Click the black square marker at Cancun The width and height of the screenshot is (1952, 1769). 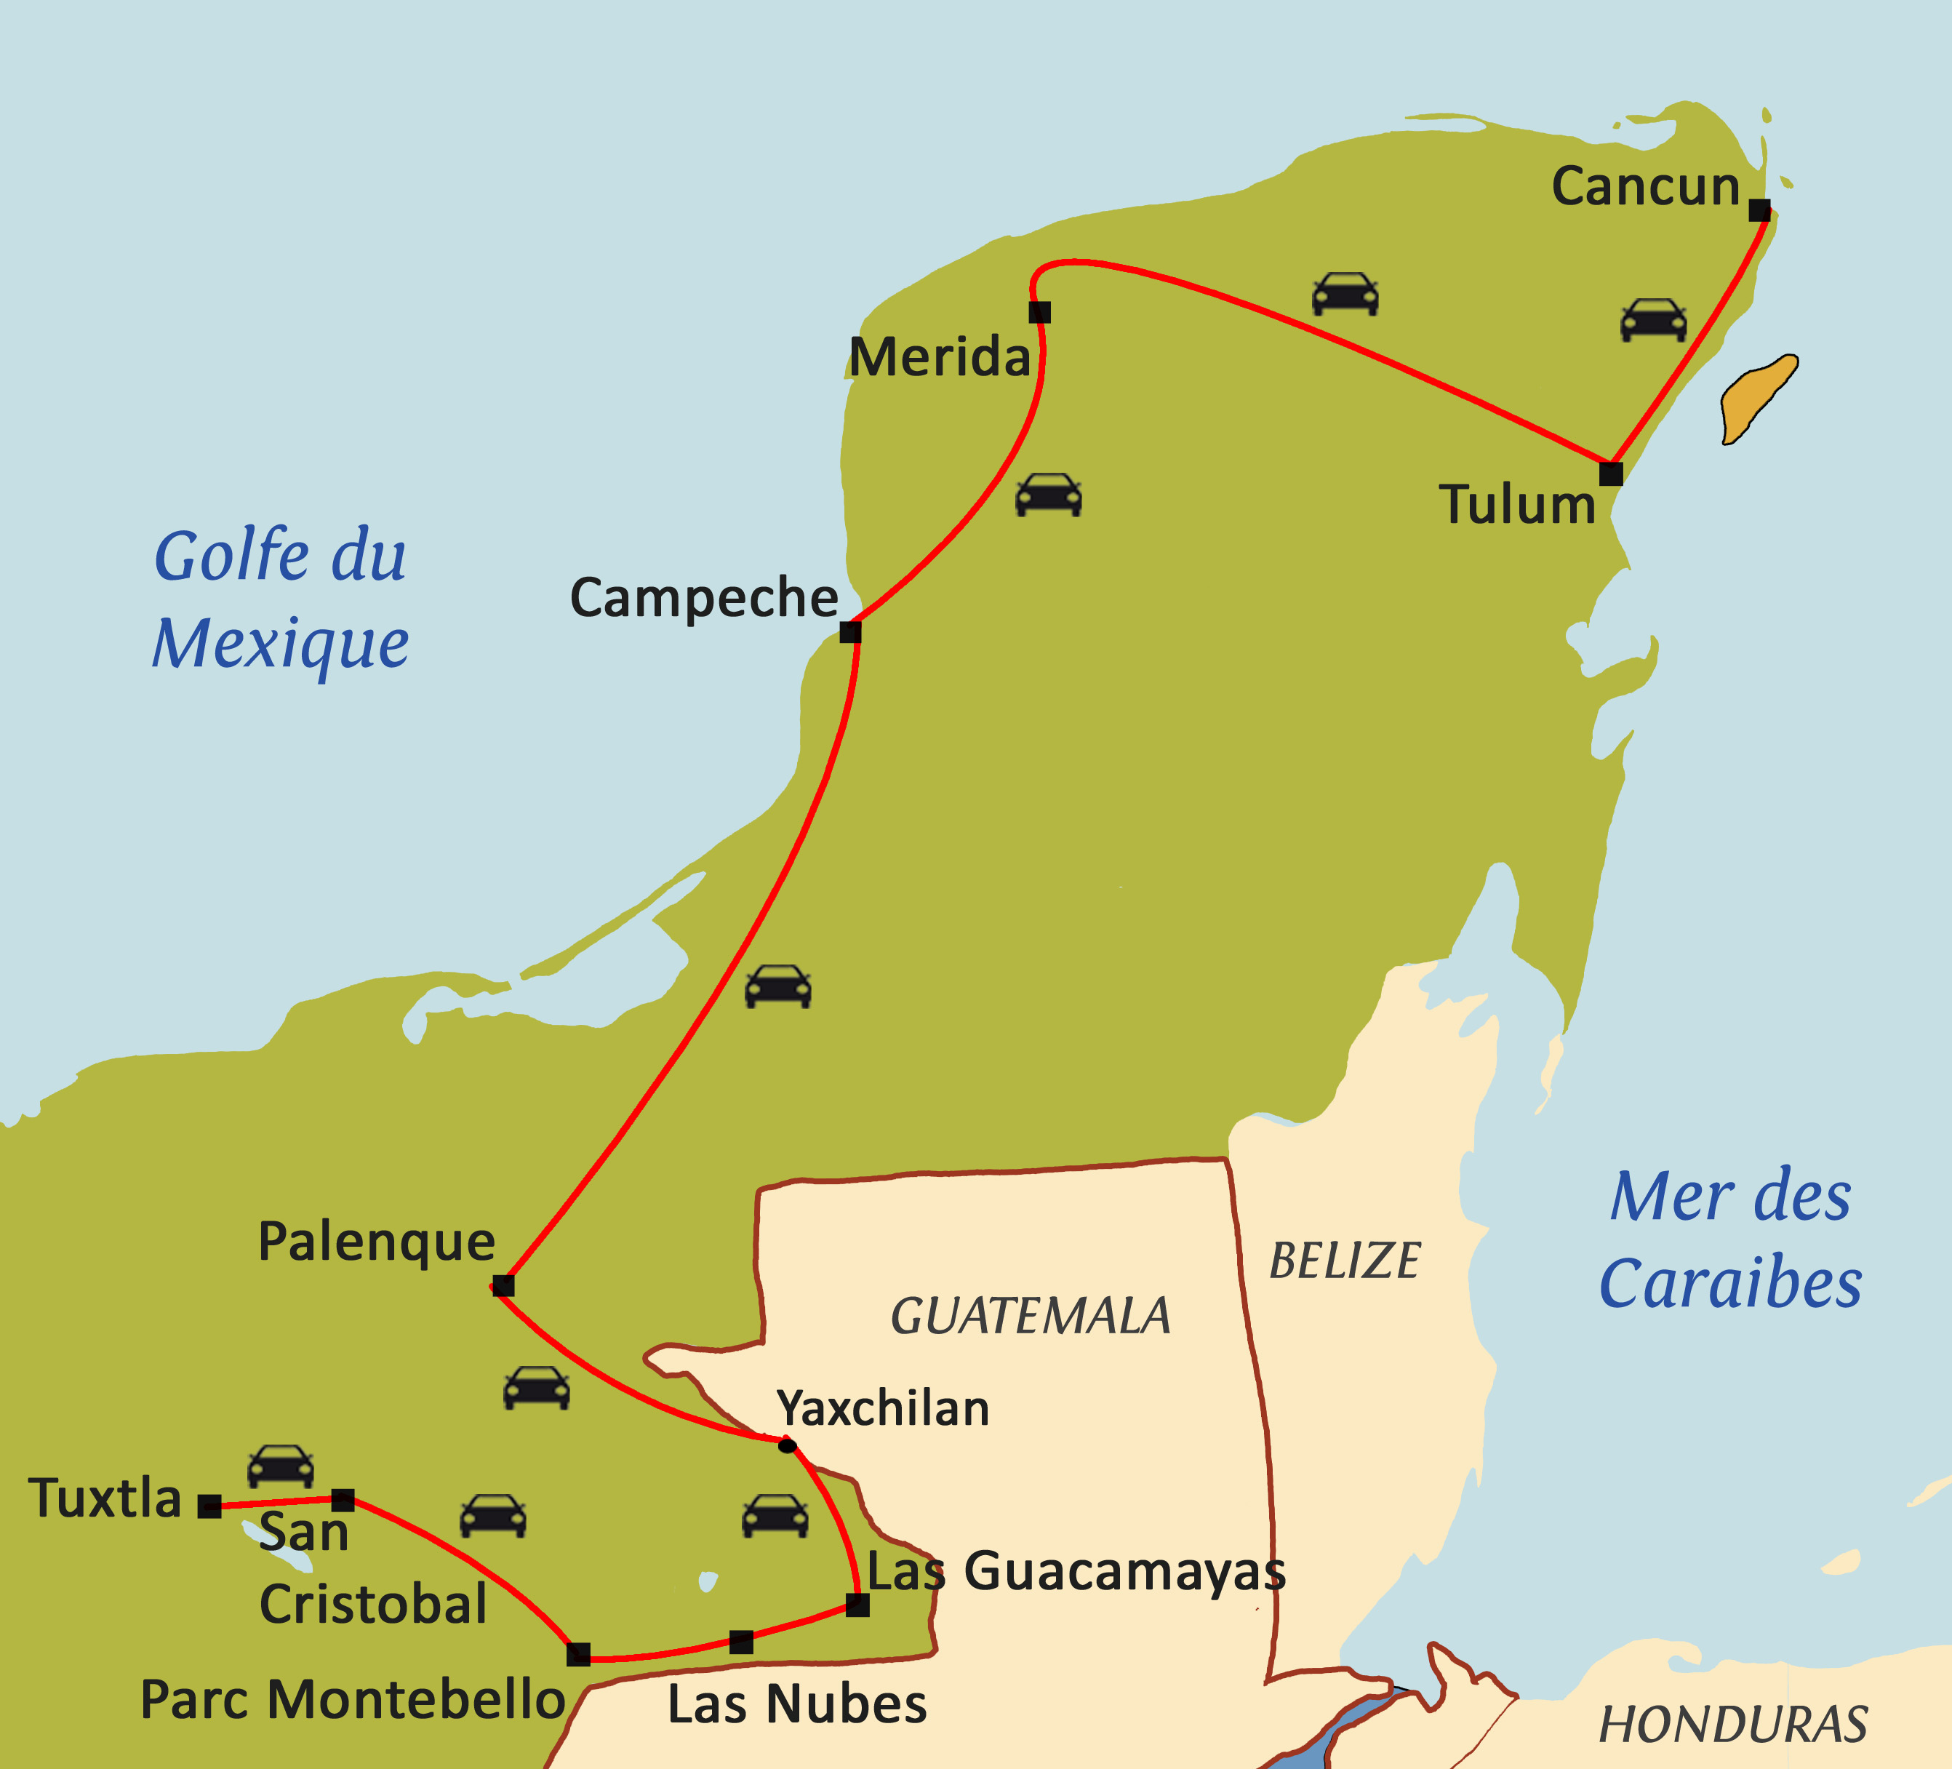[x=1759, y=210]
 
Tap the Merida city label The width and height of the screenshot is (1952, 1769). [x=939, y=357]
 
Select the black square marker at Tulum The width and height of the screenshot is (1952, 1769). [x=1610, y=474]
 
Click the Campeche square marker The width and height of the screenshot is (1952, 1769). [x=850, y=632]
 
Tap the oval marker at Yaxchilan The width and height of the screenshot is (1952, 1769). [x=787, y=1445]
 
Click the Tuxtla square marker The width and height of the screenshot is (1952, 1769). [x=209, y=1506]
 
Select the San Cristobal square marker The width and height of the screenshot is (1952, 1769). [x=343, y=1500]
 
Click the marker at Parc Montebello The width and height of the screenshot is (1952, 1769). [x=578, y=1654]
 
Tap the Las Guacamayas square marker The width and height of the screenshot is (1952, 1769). [x=857, y=1605]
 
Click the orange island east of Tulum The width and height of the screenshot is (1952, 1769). [x=1757, y=398]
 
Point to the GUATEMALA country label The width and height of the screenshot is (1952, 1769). [x=1031, y=1316]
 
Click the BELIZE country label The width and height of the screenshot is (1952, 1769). [x=1344, y=1261]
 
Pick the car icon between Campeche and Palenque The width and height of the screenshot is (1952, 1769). [x=777, y=986]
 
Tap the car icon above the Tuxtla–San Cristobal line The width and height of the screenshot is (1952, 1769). [x=280, y=1466]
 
